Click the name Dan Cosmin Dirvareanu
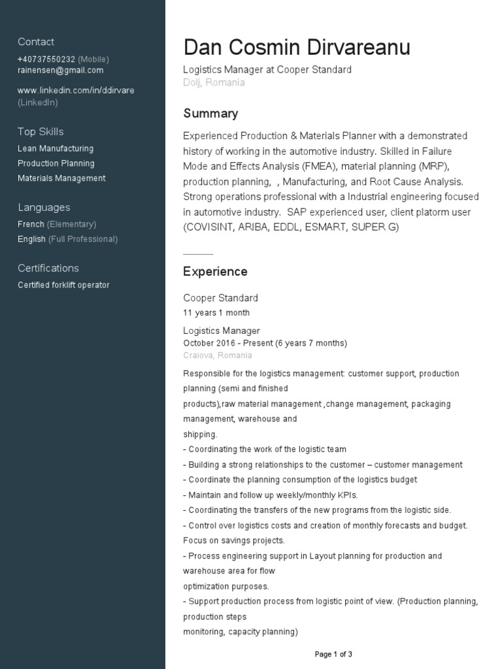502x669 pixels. (x=297, y=47)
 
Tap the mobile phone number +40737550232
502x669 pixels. (x=46, y=59)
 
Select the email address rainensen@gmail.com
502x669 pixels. (x=60, y=71)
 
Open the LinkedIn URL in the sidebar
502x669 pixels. (x=76, y=90)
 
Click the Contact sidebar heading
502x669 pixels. (x=36, y=42)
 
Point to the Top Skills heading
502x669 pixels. (x=41, y=131)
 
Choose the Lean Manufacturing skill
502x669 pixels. (x=56, y=148)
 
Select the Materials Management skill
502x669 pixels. (x=61, y=178)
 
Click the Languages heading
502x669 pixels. (x=44, y=207)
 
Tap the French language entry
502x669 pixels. (x=31, y=224)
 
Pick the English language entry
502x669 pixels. (x=31, y=239)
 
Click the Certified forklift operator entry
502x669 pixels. (x=63, y=285)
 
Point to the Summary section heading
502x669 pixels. (x=210, y=113)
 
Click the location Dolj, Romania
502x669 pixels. (x=214, y=82)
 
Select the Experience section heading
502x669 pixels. (x=215, y=271)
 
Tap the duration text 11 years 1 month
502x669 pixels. (x=216, y=312)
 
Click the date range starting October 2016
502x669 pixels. (x=265, y=343)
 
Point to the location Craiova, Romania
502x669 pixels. (x=217, y=355)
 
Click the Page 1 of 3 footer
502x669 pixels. (x=333, y=654)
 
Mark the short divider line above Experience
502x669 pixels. (x=198, y=253)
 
